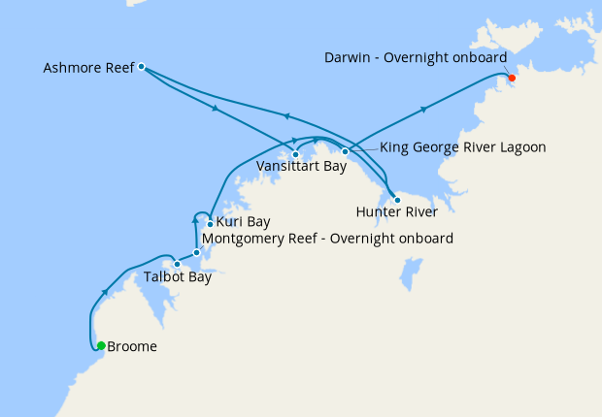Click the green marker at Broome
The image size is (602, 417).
click(101, 345)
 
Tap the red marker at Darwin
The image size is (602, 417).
click(512, 78)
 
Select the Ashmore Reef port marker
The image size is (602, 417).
click(142, 67)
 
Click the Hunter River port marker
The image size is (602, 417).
click(397, 200)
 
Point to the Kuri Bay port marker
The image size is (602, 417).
click(210, 225)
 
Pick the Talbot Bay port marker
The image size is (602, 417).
click(177, 264)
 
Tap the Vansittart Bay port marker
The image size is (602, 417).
click(295, 154)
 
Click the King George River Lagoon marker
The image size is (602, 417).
click(345, 151)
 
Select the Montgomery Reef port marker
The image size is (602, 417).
click(197, 253)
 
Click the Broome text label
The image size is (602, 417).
click(132, 346)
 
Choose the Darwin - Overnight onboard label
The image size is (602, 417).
click(415, 58)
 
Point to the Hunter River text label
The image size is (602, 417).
click(396, 212)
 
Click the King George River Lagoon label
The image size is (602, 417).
click(462, 147)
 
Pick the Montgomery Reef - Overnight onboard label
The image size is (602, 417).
click(326, 239)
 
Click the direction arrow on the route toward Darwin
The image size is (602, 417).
click(424, 109)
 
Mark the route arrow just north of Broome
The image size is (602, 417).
click(105, 290)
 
